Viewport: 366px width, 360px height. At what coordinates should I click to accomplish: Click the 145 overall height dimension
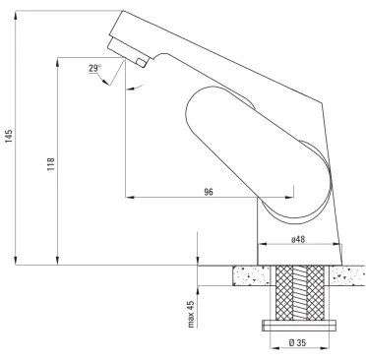click(10, 136)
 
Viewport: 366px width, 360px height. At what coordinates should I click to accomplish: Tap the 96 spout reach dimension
click(209, 191)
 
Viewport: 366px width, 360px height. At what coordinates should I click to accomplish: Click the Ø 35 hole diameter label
click(300, 342)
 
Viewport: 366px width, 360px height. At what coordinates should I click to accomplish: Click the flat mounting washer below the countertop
click(300, 324)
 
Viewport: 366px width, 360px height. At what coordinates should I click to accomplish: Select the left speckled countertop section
click(250, 275)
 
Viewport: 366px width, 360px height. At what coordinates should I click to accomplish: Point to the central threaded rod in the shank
click(300, 291)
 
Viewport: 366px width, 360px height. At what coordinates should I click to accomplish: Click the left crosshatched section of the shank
click(285, 291)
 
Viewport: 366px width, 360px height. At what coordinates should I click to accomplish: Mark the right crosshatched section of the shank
click(315, 291)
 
